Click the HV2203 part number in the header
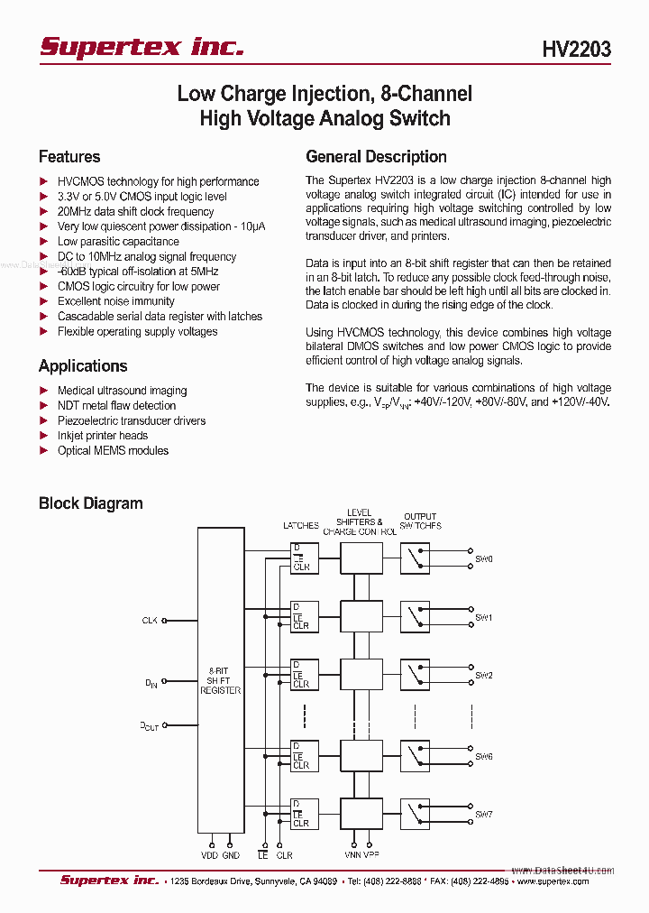tap(576, 50)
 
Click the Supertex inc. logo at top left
tap(142, 47)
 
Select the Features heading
tap(69, 157)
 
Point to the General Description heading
tap(376, 157)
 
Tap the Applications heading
tap(83, 366)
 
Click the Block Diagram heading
tap(90, 503)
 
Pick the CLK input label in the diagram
tap(150, 621)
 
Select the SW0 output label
tap(484, 559)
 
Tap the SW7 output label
tap(484, 815)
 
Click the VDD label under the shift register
tap(210, 854)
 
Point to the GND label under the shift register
tap(232, 854)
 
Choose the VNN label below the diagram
tap(352, 854)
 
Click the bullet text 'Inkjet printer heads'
tap(102, 436)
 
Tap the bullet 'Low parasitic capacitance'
tap(118, 242)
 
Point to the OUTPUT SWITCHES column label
tap(420, 521)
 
